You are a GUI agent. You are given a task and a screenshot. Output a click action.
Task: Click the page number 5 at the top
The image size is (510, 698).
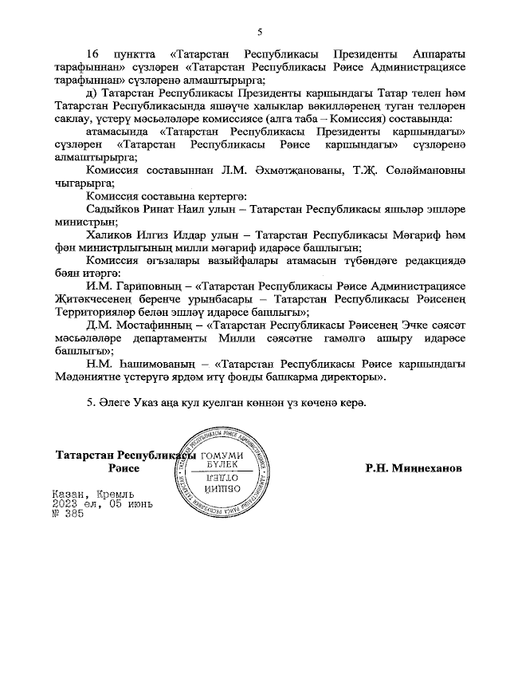(260, 33)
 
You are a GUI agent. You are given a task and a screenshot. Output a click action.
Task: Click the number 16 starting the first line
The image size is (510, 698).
(93, 53)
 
